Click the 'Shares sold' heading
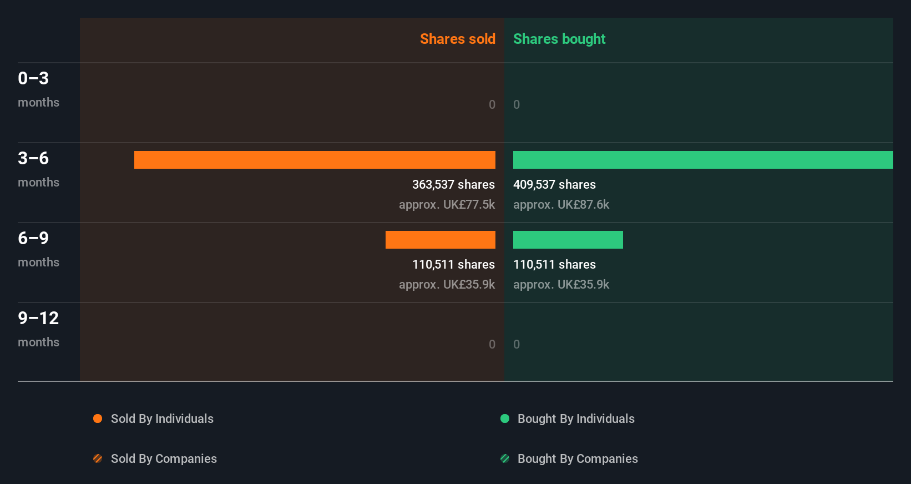pyautogui.click(x=457, y=39)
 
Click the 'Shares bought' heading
pyautogui.click(x=559, y=39)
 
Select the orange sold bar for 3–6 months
pyautogui.click(x=315, y=160)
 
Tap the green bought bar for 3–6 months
pyautogui.click(x=703, y=160)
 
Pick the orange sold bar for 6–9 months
pyautogui.click(x=441, y=240)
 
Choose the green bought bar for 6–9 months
pyautogui.click(x=568, y=240)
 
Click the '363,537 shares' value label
pyautogui.click(x=453, y=184)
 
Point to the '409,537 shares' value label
pyautogui.click(x=554, y=184)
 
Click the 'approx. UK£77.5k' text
pyautogui.click(x=447, y=204)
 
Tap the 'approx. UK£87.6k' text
pyautogui.click(x=561, y=204)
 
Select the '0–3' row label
pyautogui.click(x=33, y=78)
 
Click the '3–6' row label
pyautogui.click(x=33, y=158)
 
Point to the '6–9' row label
pyautogui.click(x=33, y=238)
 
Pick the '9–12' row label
pyautogui.click(x=38, y=318)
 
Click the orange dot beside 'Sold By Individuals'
pyautogui.click(x=98, y=419)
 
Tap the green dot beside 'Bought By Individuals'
pyautogui.click(x=505, y=419)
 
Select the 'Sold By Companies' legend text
pyautogui.click(x=164, y=458)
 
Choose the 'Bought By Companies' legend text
pyautogui.click(x=578, y=458)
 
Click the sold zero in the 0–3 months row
pyautogui.click(x=492, y=104)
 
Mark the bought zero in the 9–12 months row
pyautogui.click(x=517, y=344)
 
